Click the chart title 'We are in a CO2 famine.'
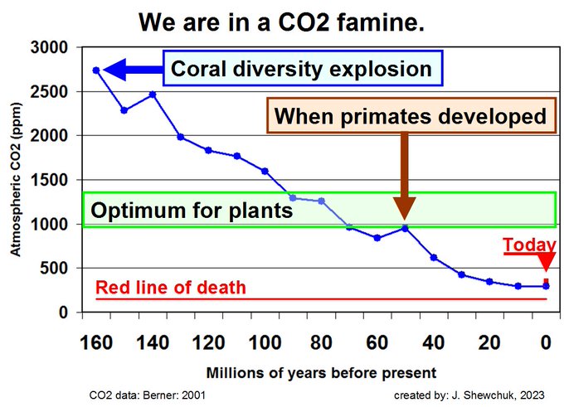[282, 21]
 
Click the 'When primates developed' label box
[410, 116]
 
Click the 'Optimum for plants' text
[192, 210]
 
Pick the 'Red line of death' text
[171, 288]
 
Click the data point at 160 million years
[96, 70]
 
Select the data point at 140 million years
[153, 94]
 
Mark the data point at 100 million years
[265, 171]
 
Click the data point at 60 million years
[377, 238]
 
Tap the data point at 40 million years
[433, 257]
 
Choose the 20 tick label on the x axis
[489, 341]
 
